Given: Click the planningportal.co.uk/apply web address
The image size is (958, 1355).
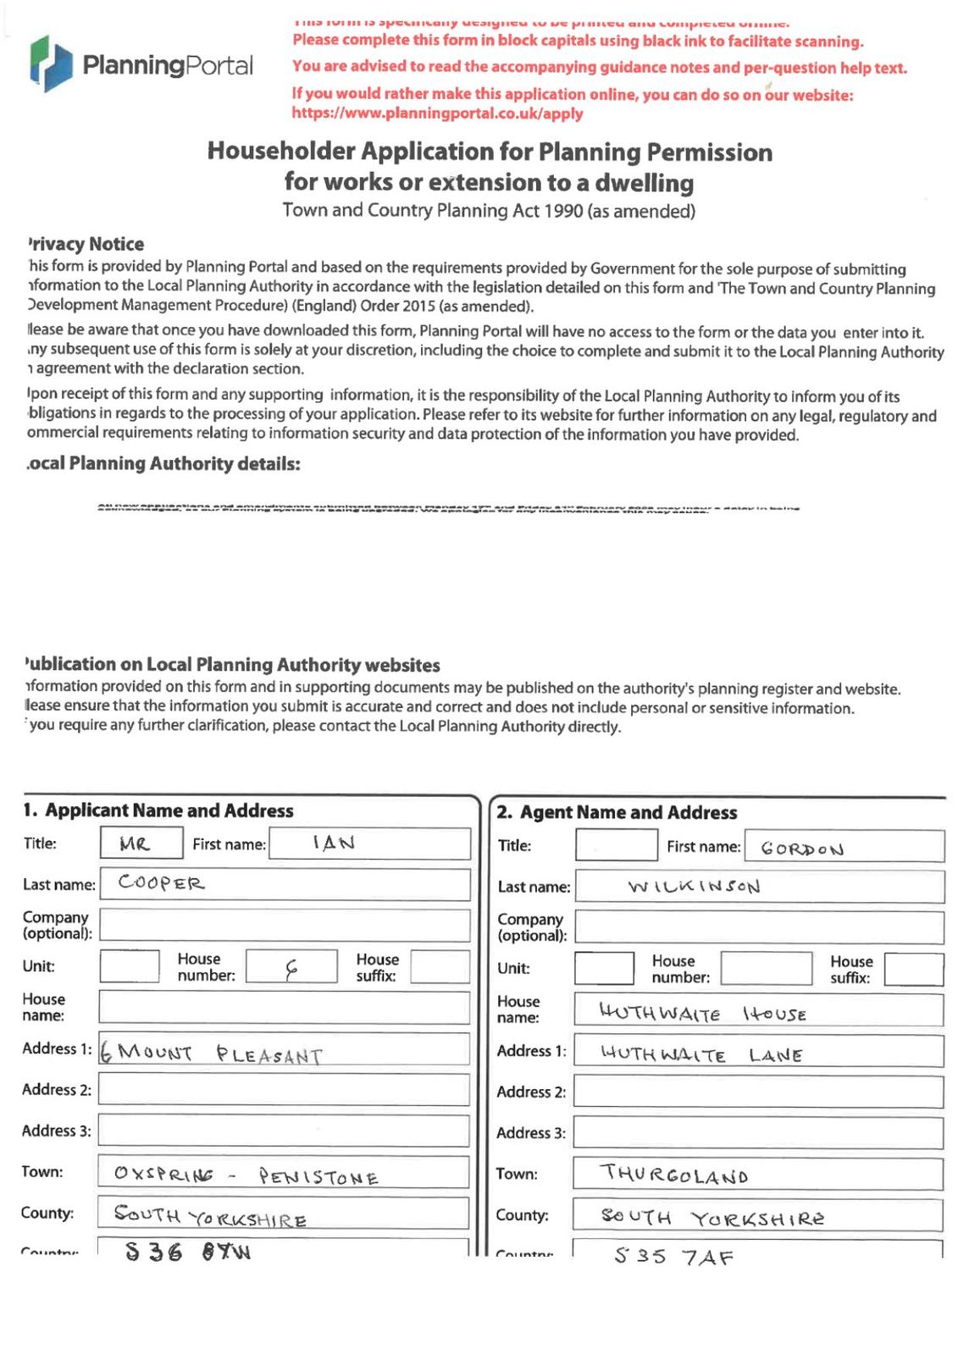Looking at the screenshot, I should [437, 113].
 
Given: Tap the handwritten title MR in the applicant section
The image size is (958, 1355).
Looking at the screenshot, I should [135, 843].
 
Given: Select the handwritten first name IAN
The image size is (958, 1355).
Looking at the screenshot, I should [334, 843].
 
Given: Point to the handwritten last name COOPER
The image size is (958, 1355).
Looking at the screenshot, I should [161, 883].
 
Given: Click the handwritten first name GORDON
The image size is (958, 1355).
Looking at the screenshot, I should [801, 849].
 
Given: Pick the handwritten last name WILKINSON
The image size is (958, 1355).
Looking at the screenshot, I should [694, 887].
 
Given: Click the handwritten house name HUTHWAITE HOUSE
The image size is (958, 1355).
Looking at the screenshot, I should [702, 1013].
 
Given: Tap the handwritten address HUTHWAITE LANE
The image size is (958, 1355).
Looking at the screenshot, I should [701, 1054].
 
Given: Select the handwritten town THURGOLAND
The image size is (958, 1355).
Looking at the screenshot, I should [674, 1175].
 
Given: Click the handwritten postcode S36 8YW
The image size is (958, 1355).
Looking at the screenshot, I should [188, 1252].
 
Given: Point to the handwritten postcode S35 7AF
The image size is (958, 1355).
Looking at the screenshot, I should [673, 1256].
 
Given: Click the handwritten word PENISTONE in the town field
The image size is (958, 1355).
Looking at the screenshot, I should [318, 1176].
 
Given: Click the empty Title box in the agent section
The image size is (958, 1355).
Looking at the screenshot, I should [616, 845].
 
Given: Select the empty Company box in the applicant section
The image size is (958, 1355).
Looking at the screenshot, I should [284, 926].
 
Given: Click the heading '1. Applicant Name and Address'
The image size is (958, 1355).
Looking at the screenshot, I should [158, 810].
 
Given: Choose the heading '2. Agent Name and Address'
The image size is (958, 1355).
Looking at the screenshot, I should [617, 813].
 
